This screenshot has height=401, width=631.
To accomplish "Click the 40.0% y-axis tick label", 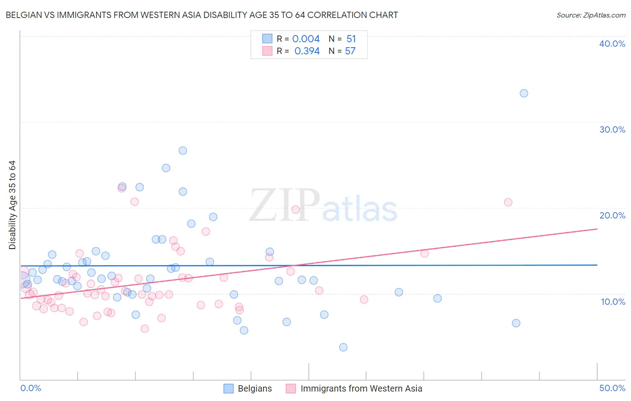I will pos(612,44).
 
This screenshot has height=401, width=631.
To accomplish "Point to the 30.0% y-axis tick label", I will pos(612,129).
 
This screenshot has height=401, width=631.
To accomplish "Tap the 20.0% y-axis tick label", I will pos(612,215).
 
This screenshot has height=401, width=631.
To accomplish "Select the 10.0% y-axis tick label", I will pos(613,302).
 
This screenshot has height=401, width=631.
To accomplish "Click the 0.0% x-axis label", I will pos(31,388).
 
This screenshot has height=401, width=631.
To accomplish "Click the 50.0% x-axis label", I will pos(612,388).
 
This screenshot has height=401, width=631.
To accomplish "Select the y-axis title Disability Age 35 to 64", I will pos(12,205).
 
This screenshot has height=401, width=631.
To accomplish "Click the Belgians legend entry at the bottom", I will pos(254,389).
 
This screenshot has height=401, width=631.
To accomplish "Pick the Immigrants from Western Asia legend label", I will pos(361,389).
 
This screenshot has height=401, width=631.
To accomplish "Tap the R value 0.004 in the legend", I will pos(306,39).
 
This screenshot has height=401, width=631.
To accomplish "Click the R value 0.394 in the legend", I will pos(307,51).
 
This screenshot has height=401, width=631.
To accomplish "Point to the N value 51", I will pos(351,39).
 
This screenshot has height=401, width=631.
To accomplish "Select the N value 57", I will pos(350,51).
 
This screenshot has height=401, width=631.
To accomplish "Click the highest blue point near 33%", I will pos(524,94).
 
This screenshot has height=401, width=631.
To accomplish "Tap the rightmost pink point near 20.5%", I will pos(508,202).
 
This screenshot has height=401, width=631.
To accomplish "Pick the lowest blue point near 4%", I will pos(343,347).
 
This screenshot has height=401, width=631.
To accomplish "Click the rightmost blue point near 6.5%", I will pos(516,323).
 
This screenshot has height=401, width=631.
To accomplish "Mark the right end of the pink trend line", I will pos(597,229).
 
